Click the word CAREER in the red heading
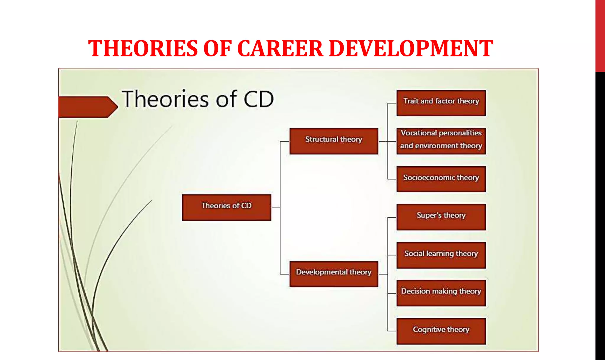(280, 49)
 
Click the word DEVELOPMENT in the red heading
(411, 49)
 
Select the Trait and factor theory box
(441, 103)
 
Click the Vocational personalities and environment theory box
(441, 141)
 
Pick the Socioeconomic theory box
(441, 179)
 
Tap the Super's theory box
(441, 217)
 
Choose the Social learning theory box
(441, 255)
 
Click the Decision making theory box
(441, 293)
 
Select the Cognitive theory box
(441, 331)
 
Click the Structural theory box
(334, 141)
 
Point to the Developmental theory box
(334, 274)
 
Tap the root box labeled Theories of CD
(226, 207)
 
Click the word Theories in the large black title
(165, 99)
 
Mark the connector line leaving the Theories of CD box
(275, 208)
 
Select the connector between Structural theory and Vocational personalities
(387, 141)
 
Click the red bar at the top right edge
(600, 35)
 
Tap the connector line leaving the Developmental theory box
(383, 274)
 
